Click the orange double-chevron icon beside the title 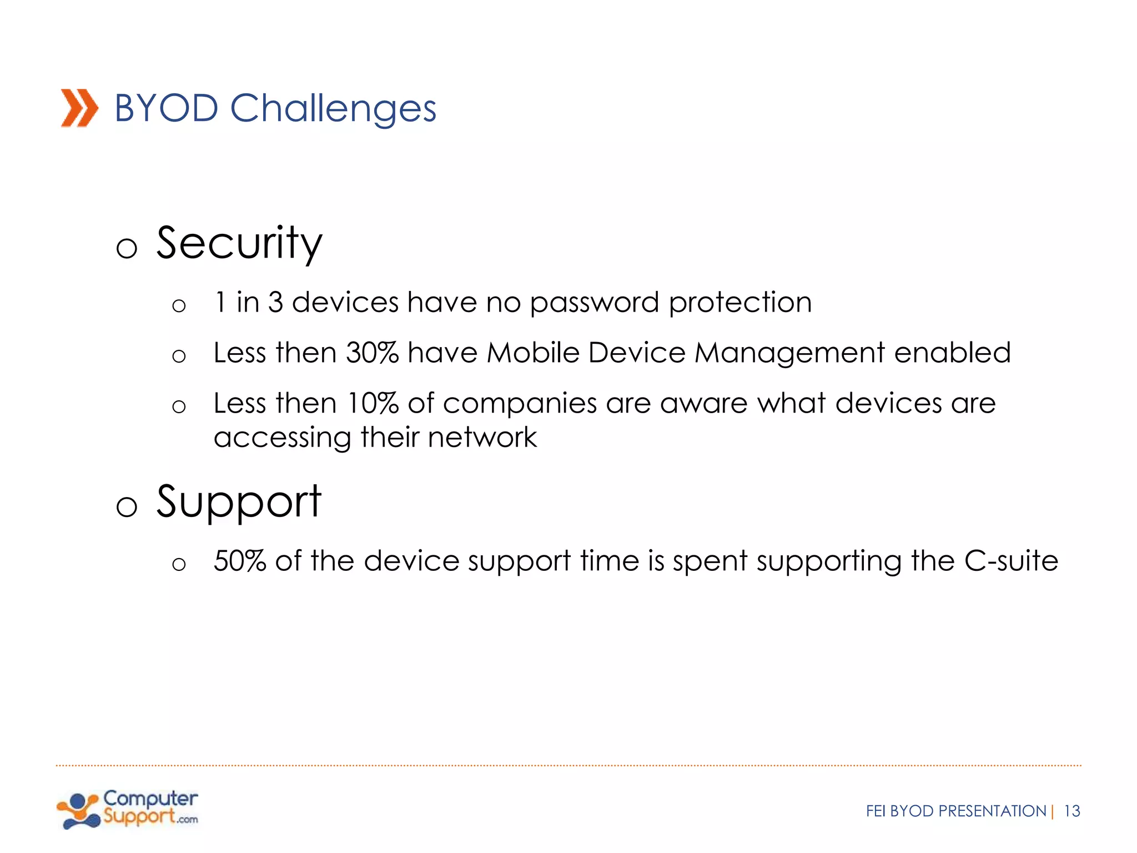click(x=79, y=108)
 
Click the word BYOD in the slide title click(x=166, y=108)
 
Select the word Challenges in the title click(x=333, y=109)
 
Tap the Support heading click(x=239, y=502)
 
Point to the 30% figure click(x=372, y=353)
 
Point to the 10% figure click(x=373, y=403)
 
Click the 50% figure click(x=240, y=561)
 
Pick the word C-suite click(x=1011, y=561)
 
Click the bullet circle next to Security click(x=127, y=248)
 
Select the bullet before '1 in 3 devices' click(x=179, y=305)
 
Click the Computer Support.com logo click(x=128, y=809)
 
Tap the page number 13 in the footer click(x=1071, y=811)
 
